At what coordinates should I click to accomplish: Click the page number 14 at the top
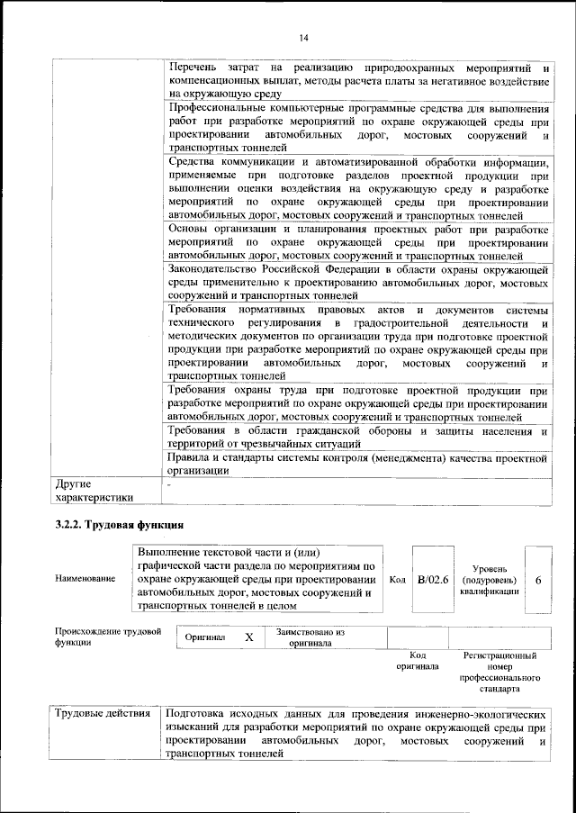304,37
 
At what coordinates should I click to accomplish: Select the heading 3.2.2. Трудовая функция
120,525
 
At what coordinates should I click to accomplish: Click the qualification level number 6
537,581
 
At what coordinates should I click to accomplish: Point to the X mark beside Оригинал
249,637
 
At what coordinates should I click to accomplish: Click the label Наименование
85,578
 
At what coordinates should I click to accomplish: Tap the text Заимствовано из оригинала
310,637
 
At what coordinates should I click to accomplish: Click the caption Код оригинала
417,661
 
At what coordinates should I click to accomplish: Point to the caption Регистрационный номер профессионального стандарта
499,673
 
